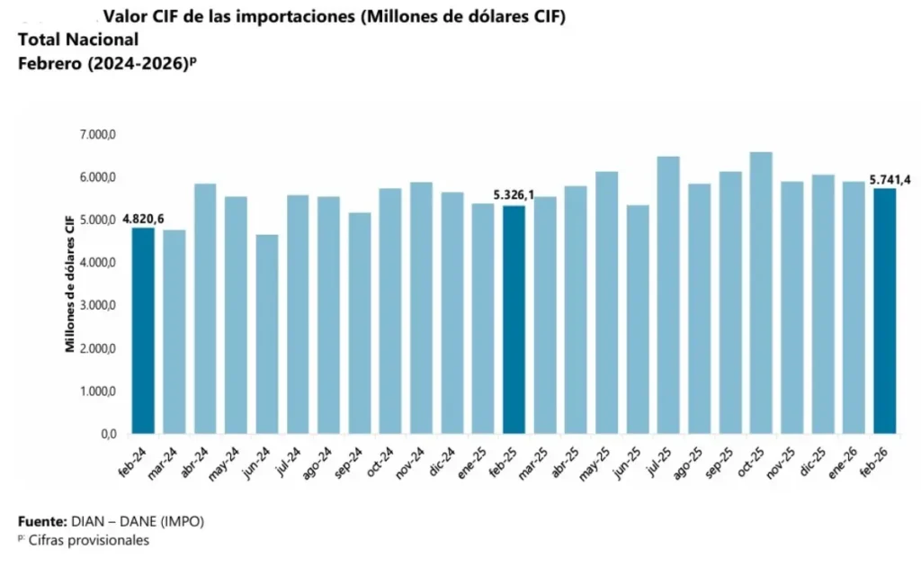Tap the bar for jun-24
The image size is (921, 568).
point(266,334)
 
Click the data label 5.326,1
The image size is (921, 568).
point(514,195)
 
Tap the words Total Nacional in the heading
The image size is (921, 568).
point(78,40)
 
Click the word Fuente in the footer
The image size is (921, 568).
point(41,521)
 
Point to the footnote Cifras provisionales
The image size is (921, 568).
point(87,540)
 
